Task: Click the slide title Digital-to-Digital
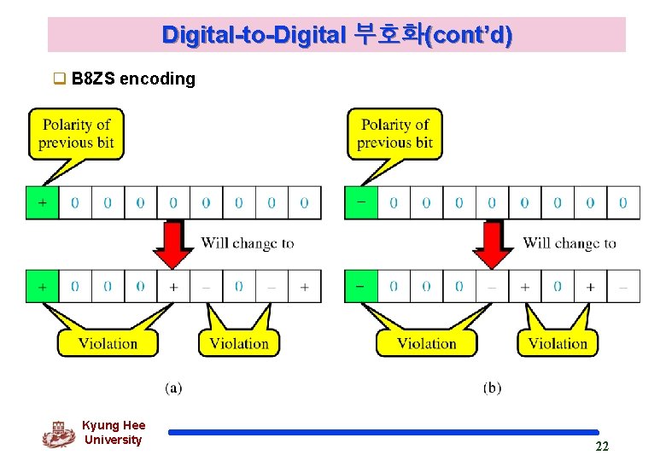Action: [x=337, y=35]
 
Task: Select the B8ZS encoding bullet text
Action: [x=133, y=79]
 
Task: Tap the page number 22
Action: [x=602, y=446]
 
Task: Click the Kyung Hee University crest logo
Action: [x=58, y=434]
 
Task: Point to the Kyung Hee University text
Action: [x=114, y=433]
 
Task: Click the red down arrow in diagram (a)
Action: [x=173, y=243]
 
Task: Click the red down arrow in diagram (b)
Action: [x=493, y=243]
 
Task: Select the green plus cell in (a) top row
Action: [x=42, y=203]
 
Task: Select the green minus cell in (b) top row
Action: [x=360, y=203]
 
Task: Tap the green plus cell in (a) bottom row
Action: [x=42, y=286]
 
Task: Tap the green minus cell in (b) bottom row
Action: [x=360, y=286]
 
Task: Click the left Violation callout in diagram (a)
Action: [x=108, y=343]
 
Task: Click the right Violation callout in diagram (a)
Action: [x=239, y=343]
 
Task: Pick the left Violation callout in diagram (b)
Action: [x=426, y=343]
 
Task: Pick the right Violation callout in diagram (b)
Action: [x=558, y=343]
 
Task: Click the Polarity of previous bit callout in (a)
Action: [x=76, y=133]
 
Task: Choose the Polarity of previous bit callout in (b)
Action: [x=394, y=133]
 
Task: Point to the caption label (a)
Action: [x=173, y=388]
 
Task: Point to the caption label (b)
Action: [x=492, y=388]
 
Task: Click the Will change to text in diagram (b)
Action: [x=570, y=243]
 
